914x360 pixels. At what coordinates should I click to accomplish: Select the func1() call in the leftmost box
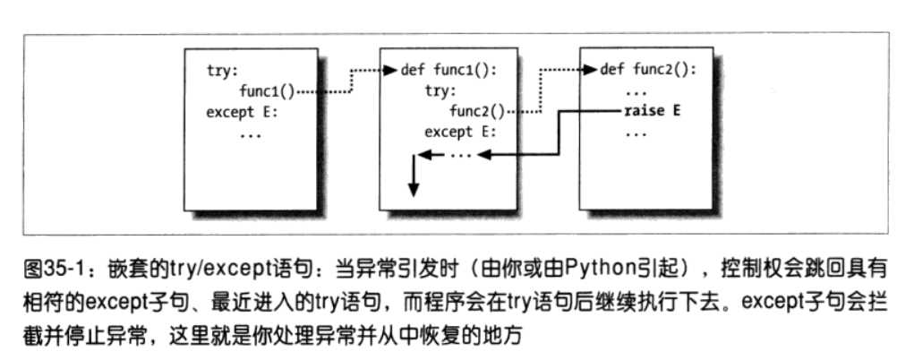[x=266, y=91]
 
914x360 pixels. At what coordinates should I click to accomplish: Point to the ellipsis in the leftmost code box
[x=252, y=133]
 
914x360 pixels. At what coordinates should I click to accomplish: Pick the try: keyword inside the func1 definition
[x=440, y=91]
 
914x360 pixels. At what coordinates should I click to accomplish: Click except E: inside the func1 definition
[x=460, y=133]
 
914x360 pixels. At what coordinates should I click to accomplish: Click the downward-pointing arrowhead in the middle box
[x=413, y=190]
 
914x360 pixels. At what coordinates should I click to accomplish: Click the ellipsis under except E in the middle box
[x=461, y=154]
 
